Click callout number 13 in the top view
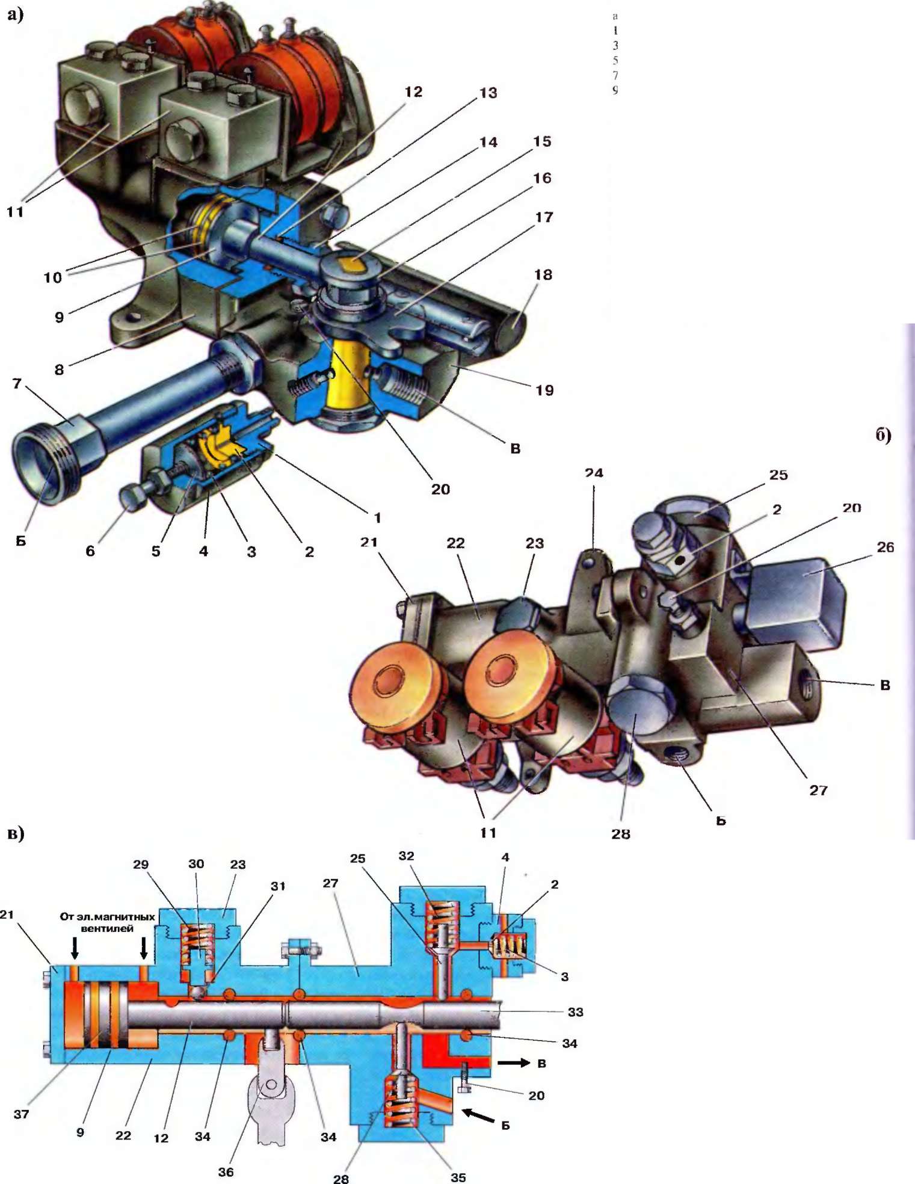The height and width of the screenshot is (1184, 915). (x=488, y=93)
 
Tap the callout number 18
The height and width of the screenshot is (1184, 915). (x=543, y=275)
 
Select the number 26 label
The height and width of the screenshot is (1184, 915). (x=885, y=547)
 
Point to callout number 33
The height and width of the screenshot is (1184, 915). (x=575, y=1012)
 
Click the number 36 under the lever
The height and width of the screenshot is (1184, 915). (x=226, y=1171)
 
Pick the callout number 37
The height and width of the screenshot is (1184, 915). (x=21, y=1114)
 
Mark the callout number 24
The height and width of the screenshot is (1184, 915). (x=594, y=473)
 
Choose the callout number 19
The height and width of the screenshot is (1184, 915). (x=544, y=390)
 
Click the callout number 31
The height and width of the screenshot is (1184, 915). (x=278, y=886)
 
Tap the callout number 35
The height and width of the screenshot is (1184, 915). (x=458, y=1177)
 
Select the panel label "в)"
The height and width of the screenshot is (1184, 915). (x=16, y=833)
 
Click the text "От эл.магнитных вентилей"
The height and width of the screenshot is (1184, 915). (x=108, y=922)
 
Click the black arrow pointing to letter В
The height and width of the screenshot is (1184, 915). (x=513, y=1063)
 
